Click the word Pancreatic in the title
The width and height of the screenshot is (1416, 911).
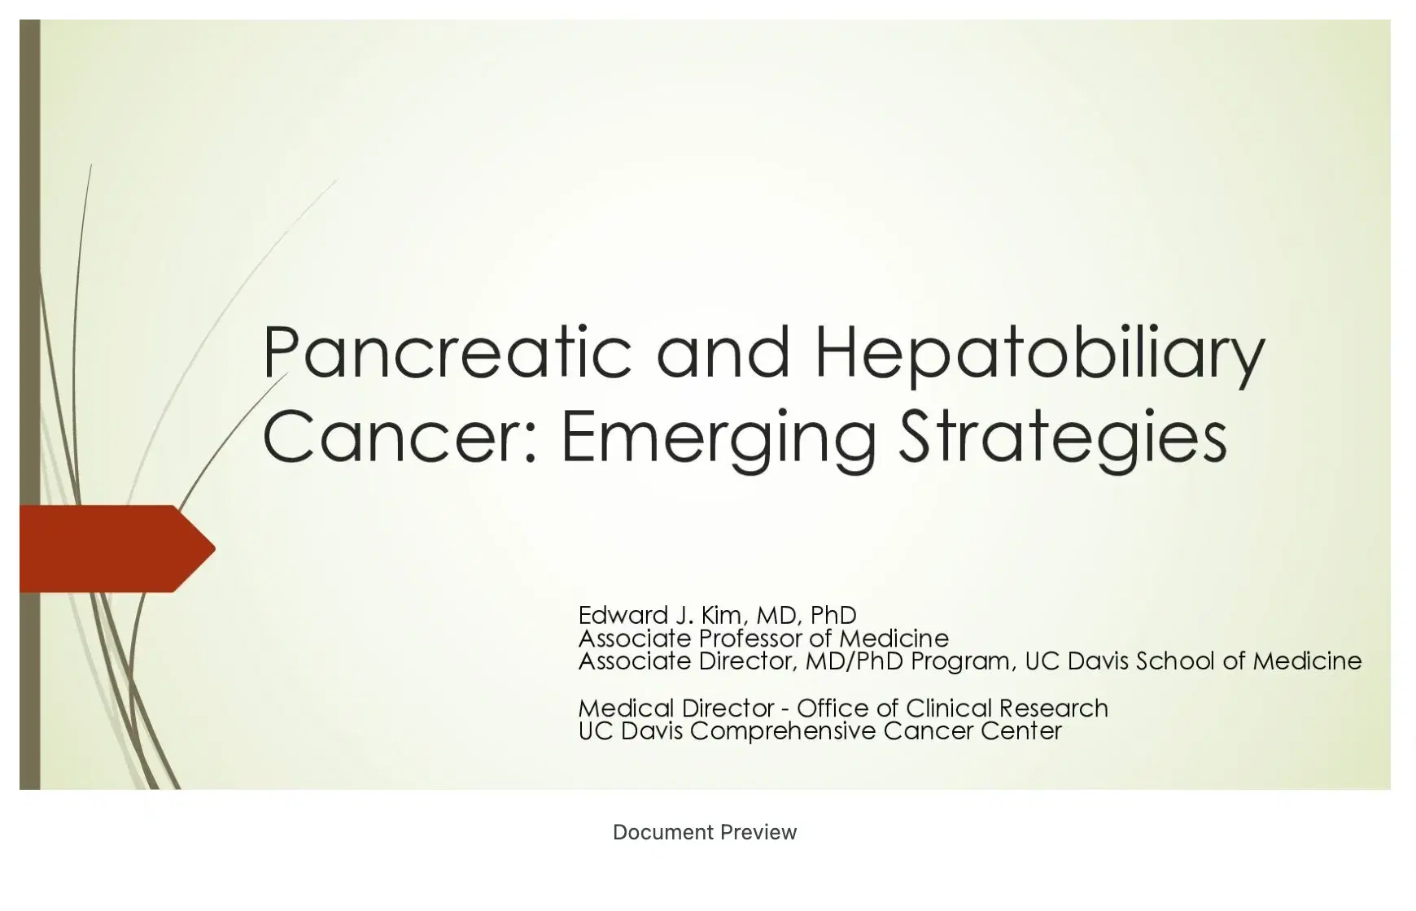[x=447, y=352]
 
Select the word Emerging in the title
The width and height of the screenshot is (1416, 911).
[x=719, y=438]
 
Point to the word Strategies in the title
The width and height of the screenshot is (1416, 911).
[x=1063, y=438]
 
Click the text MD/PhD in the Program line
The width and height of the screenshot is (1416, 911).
[x=854, y=660]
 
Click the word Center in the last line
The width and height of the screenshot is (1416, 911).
[x=1021, y=730]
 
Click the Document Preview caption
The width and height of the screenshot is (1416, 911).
[x=705, y=832]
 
